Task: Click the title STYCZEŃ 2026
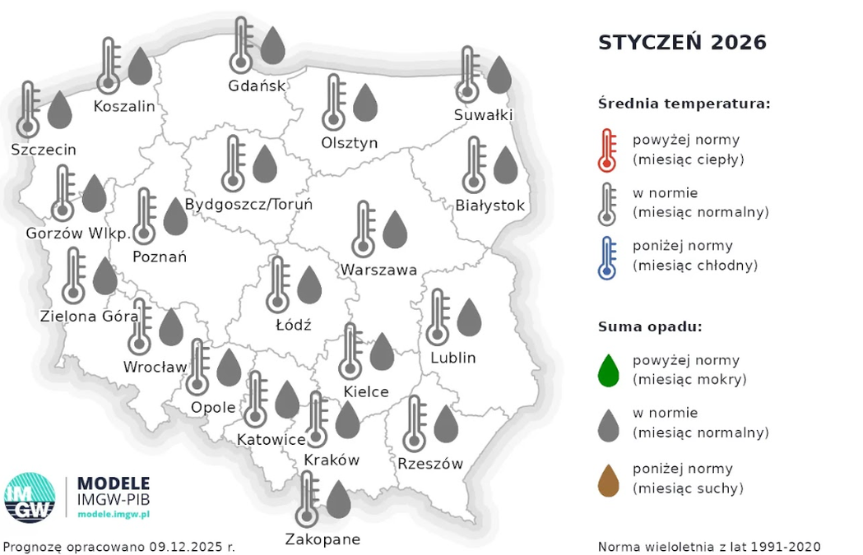click(682, 42)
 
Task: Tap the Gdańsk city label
click(257, 86)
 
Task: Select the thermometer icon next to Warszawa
click(364, 229)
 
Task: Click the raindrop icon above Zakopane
click(338, 499)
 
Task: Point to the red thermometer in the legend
click(607, 150)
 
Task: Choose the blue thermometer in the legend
click(607, 257)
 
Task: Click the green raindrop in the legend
click(609, 371)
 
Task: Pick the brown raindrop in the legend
click(609, 479)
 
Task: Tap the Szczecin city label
click(44, 150)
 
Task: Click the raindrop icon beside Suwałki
click(499, 75)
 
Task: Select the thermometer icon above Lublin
click(438, 317)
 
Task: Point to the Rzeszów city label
click(429, 464)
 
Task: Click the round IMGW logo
click(30, 497)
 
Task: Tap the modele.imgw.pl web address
click(114, 513)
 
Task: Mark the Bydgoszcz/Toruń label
click(248, 204)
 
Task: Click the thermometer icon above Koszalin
click(109, 66)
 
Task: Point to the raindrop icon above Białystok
click(505, 165)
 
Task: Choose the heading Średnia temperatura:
click(684, 104)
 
